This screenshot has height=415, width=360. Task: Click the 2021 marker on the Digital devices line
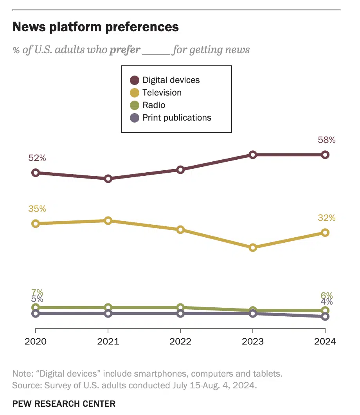coord(108,179)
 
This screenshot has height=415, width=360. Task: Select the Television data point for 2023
coord(253,247)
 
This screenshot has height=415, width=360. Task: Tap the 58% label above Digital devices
coord(326,140)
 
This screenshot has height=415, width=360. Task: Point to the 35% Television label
coord(37,209)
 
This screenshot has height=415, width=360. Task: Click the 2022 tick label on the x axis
coord(180,341)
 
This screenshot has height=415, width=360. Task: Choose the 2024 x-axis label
coord(325,341)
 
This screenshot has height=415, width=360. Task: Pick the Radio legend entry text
coord(154,105)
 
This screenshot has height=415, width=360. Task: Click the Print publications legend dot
coord(135,118)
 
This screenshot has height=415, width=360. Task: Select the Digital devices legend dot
coord(135,80)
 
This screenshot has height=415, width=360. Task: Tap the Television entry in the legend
coord(162,93)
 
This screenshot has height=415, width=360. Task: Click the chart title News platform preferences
coord(96,27)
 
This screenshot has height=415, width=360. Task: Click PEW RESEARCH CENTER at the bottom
coord(64,404)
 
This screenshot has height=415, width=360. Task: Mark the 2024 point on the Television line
coord(325,233)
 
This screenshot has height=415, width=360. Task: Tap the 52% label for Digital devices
coord(37,158)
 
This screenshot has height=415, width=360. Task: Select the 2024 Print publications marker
coord(325,316)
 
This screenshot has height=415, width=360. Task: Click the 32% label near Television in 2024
coord(326,218)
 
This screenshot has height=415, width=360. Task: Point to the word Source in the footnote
coord(25,385)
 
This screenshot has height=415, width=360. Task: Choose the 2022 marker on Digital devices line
coord(180,170)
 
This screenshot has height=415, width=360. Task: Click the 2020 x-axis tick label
coord(36,341)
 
